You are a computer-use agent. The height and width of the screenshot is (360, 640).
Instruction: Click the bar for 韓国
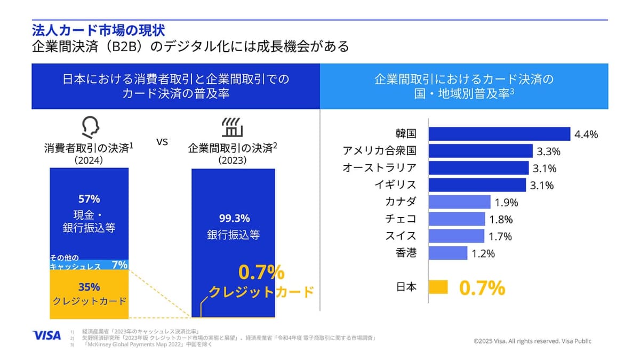point(499,134)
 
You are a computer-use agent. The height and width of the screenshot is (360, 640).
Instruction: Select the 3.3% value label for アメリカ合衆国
point(548,151)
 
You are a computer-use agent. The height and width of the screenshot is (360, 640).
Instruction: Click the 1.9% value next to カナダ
point(507,203)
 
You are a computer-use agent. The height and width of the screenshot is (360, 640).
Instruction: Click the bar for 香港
point(448,253)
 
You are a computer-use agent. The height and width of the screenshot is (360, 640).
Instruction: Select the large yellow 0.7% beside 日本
point(482,288)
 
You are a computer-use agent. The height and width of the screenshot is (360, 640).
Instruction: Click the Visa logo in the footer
point(47,335)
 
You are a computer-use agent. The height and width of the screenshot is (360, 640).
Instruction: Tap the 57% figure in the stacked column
point(89,199)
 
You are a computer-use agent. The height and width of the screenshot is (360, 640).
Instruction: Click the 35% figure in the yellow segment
point(89,285)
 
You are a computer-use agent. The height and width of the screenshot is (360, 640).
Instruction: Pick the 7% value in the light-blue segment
point(119,263)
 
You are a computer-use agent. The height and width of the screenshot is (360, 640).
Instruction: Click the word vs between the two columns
point(162,142)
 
